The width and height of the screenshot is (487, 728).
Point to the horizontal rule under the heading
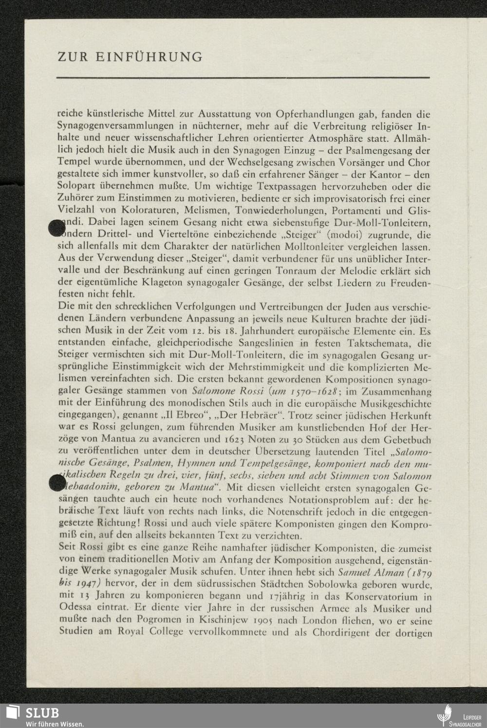point(243,78)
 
